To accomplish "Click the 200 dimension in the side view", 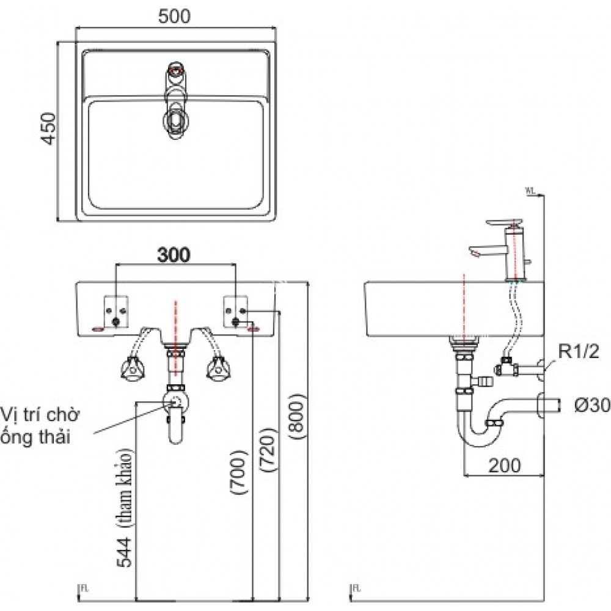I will point(504,466).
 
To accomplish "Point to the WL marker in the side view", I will point(530,191).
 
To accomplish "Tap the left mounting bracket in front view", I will point(116,311).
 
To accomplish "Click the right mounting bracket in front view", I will point(236,310).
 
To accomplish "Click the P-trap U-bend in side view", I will point(480,434).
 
